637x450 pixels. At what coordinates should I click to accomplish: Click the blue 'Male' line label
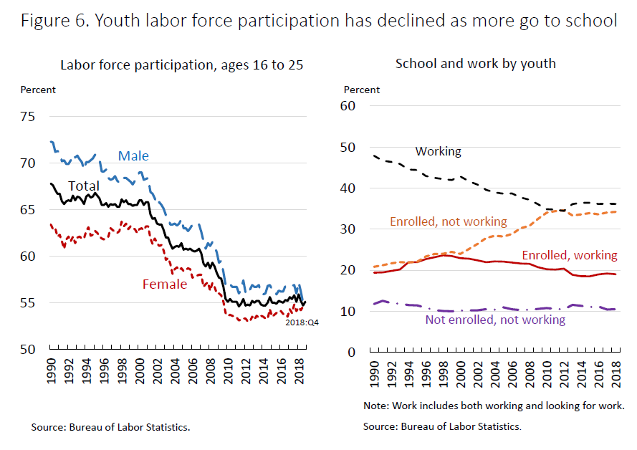[x=133, y=156]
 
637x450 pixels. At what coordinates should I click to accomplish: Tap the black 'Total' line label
[x=83, y=186]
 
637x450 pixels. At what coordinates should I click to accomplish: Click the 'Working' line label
[x=439, y=152]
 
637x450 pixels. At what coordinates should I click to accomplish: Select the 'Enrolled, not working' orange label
[x=449, y=222]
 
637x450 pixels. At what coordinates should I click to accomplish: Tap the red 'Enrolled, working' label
[x=569, y=255]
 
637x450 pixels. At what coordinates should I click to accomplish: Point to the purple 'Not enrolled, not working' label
[x=496, y=320]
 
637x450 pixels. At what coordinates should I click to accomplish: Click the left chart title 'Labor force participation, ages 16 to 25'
[x=182, y=64]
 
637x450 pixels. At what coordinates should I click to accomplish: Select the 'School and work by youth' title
[x=476, y=63]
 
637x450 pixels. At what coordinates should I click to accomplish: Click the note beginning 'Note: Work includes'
[x=493, y=406]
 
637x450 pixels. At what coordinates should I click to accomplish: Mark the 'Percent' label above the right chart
[x=362, y=90]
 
